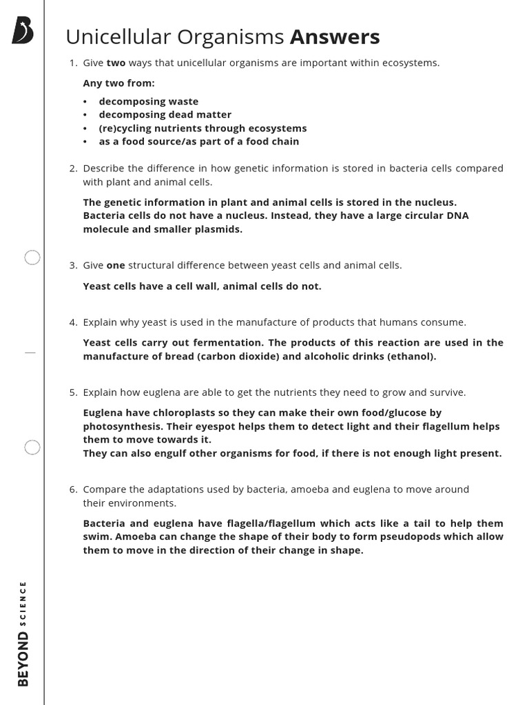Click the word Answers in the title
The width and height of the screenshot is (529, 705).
335,36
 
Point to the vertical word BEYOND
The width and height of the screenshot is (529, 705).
24,659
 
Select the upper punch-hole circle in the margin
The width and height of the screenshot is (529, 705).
32,258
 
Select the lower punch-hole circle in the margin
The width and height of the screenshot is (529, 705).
32,448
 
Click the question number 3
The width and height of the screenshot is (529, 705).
73,266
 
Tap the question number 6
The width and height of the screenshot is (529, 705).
73,490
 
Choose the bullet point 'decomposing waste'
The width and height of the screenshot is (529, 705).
148,102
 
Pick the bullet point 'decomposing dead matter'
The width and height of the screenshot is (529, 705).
165,115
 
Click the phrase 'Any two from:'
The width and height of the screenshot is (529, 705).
118,83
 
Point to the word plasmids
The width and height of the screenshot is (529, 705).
218,229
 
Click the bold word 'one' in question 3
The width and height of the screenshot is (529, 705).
116,266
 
